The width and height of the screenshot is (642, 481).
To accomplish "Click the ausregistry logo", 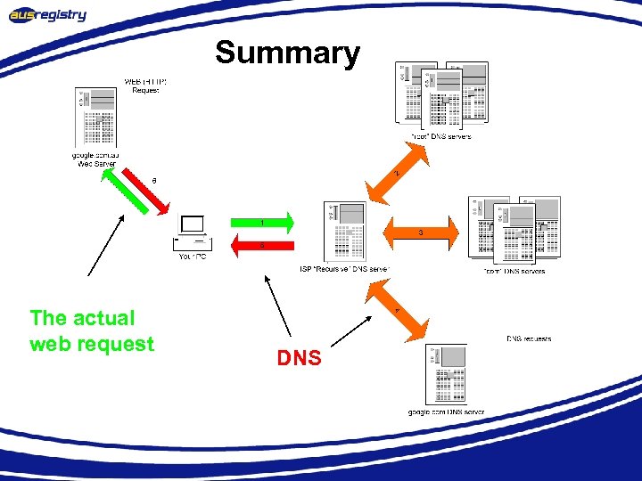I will pyautogui.click(x=48, y=14).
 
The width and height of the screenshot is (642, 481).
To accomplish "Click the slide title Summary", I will pyautogui.click(x=287, y=53).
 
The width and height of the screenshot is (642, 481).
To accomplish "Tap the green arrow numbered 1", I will pyautogui.click(x=262, y=221).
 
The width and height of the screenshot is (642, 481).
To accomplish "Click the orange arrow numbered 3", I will pyautogui.click(x=420, y=233).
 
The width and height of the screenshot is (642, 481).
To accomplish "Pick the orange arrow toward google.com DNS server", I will pyautogui.click(x=402, y=310).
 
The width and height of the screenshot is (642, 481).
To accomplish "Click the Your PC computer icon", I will pyautogui.click(x=192, y=232).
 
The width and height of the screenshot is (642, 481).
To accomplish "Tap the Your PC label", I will pyautogui.click(x=192, y=257).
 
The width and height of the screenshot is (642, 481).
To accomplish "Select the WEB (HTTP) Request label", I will pyautogui.click(x=145, y=86).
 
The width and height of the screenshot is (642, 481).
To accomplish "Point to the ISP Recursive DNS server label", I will pyautogui.click(x=344, y=269).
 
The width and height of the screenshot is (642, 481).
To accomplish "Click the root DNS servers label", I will pyautogui.click(x=440, y=136).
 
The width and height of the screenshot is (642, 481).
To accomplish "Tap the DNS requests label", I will pyautogui.click(x=529, y=338).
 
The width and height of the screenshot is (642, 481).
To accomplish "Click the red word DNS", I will pyautogui.click(x=299, y=358).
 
